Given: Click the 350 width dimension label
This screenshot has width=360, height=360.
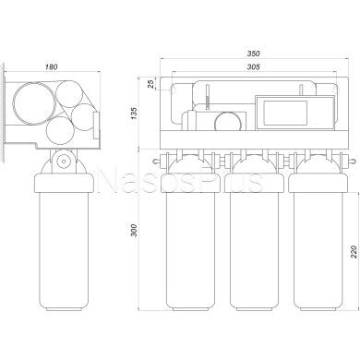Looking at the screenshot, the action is pos(254,54).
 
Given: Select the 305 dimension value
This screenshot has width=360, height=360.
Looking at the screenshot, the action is pos(254,66).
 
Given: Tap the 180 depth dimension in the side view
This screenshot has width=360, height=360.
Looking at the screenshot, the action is pos(52,66).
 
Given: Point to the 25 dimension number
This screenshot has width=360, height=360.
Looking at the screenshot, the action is pos(150,84).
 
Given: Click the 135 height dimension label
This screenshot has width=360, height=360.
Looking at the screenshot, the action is pos(135,113).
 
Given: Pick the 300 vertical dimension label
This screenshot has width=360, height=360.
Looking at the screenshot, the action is pos(135,230).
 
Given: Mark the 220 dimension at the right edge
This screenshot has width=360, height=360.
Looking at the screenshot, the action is pos(354,251).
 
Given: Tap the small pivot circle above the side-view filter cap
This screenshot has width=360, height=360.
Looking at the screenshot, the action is pos(64,161).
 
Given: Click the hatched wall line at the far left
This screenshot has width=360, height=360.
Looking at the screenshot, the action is pos(3,113).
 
